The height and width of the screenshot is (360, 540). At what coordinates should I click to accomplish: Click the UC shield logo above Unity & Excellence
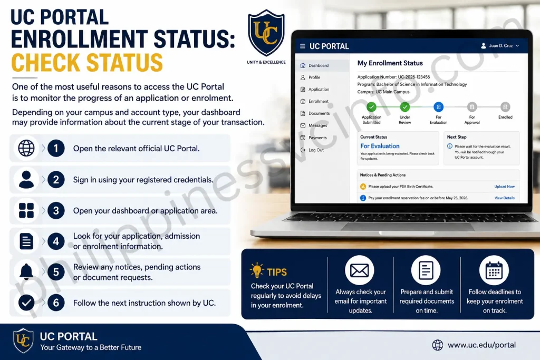pos(266,33)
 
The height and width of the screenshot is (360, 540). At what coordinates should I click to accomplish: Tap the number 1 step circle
pos(56,148)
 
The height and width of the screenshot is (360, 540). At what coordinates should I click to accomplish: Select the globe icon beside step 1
pos(26,148)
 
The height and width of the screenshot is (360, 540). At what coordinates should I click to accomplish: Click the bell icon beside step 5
pos(26,271)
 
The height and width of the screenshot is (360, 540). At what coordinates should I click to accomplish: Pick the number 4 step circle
pos(56,241)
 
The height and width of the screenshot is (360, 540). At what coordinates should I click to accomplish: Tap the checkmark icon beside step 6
pos(26,303)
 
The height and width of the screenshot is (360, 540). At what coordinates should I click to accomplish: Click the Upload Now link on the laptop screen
pos(504,187)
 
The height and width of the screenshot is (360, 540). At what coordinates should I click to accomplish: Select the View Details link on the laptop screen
pos(504,198)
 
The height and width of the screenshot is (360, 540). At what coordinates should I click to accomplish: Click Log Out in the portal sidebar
pos(312,150)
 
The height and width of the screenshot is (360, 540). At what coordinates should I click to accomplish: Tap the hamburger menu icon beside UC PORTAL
pos(302,46)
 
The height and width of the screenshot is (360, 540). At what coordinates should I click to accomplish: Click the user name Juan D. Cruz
pos(501,46)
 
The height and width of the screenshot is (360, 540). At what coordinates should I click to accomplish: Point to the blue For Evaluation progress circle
pos(438,107)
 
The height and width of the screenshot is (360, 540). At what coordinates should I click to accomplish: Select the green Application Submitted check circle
pos(371,107)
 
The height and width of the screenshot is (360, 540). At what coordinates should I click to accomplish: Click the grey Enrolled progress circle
pos(505,107)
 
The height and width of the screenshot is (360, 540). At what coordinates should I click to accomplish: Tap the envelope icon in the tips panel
pos(360,270)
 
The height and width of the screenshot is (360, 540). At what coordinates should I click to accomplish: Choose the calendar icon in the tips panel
pos(494,270)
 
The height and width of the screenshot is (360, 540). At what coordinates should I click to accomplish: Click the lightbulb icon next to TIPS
pos(257,270)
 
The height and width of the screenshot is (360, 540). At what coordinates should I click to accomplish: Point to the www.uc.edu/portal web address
pos(481,345)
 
